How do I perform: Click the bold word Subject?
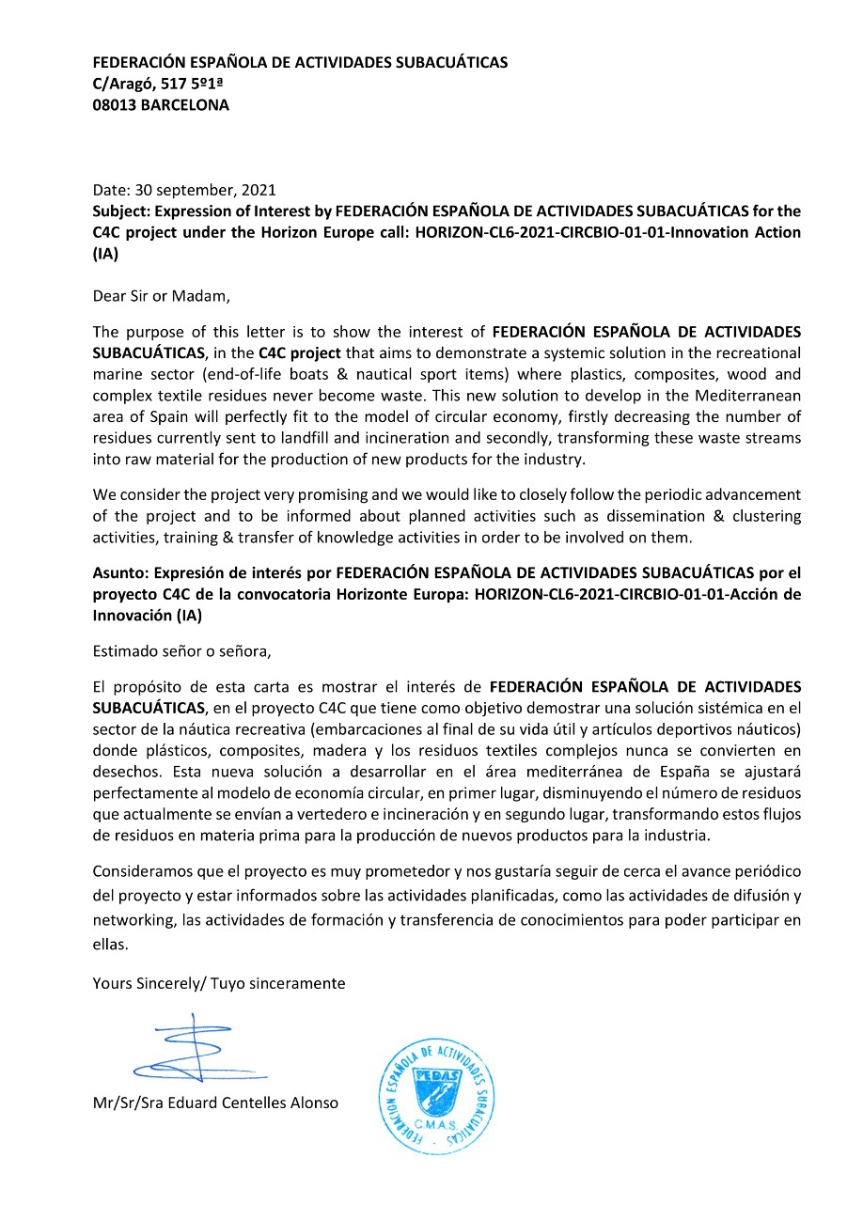(122, 211)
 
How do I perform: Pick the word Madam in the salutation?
(204, 296)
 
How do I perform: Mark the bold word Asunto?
(120, 572)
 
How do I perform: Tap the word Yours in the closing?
(112, 983)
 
